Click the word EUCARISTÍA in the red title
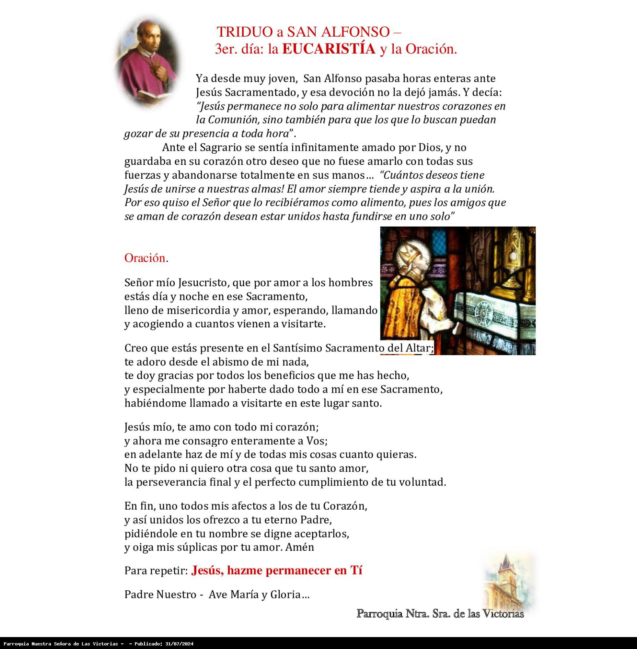point(328,49)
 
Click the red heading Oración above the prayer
point(145,258)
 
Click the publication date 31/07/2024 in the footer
point(178,644)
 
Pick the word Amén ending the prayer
point(300,547)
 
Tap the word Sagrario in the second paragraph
point(221,147)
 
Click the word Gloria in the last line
point(285,594)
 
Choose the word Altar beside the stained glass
point(418,348)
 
